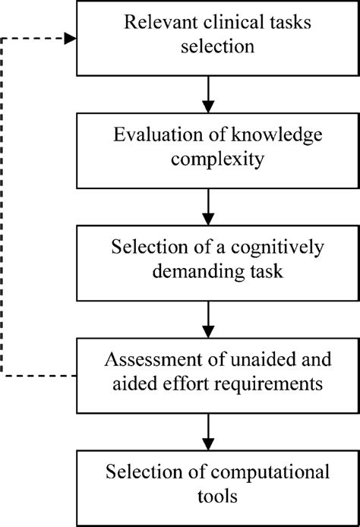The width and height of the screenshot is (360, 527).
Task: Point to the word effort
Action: pos(192,385)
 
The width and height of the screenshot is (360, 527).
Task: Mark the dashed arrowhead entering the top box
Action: pos(71,38)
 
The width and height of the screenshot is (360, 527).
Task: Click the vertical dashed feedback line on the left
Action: pos(4,205)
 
